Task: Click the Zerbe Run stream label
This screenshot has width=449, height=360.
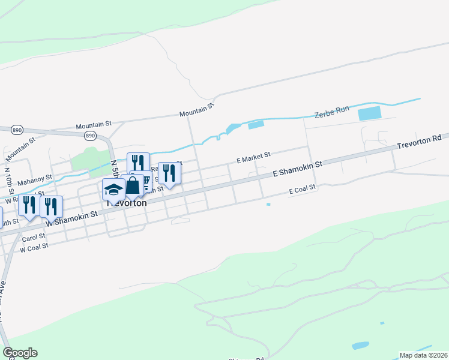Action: [x=332, y=112]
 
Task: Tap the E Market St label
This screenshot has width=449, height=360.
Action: [x=253, y=158]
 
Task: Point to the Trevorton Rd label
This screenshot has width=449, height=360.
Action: [x=419, y=142]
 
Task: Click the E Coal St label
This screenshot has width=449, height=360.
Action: [x=302, y=189]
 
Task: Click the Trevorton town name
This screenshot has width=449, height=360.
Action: [x=127, y=203]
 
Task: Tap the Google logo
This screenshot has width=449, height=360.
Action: [x=20, y=353]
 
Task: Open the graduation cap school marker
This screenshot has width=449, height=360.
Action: [x=113, y=190]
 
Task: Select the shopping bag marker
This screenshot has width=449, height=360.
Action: [x=132, y=185]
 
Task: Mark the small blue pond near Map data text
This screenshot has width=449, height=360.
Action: [x=360, y=346]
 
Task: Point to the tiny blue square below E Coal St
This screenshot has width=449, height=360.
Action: [x=268, y=204]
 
